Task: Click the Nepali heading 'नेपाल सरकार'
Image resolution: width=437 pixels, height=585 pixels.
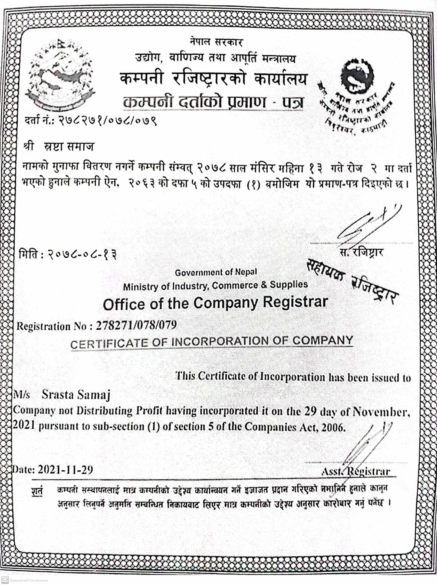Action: (x=216, y=42)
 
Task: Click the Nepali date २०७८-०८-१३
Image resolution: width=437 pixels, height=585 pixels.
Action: (x=82, y=254)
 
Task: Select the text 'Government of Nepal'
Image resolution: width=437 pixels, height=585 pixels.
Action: (x=216, y=272)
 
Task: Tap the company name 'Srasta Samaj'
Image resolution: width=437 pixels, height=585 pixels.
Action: (x=76, y=395)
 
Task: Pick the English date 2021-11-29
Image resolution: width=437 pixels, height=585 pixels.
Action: (x=65, y=470)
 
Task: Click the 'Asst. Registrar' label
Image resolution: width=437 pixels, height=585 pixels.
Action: (x=356, y=471)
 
